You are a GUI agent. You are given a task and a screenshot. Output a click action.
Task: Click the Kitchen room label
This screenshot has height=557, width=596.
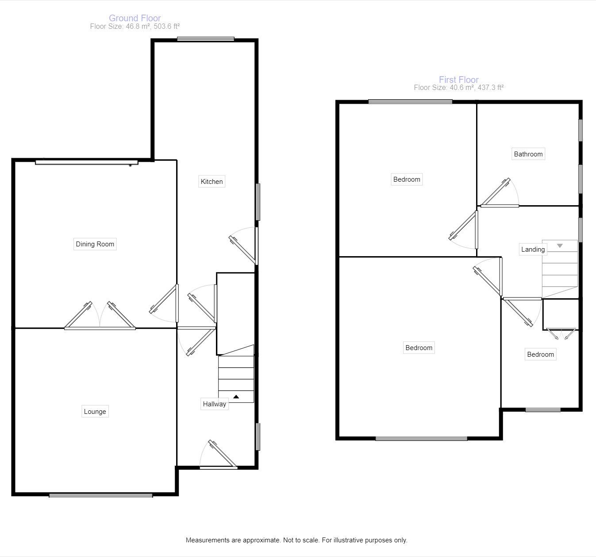point(211,181)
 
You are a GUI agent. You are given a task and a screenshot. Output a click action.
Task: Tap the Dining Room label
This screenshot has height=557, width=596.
point(95,244)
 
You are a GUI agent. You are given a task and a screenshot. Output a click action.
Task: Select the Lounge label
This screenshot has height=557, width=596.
point(95,412)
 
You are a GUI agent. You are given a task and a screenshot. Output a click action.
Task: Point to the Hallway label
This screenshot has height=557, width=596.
point(214,404)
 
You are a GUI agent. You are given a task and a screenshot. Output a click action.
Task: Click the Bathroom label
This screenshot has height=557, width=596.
point(528,154)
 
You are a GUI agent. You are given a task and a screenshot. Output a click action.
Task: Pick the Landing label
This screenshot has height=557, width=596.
point(533,249)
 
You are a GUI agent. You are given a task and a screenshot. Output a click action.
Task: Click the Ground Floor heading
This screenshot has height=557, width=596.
point(135,18)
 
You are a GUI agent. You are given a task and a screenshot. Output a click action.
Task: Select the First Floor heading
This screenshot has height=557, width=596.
point(458,80)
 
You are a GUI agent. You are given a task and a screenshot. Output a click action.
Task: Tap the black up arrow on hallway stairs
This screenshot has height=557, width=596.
point(236,397)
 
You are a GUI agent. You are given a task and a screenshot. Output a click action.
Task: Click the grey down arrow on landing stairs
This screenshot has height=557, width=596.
point(560,245)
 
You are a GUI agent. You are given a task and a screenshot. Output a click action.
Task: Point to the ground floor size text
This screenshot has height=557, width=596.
point(135,27)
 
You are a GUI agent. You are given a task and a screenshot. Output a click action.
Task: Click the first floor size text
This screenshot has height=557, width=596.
point(458,88)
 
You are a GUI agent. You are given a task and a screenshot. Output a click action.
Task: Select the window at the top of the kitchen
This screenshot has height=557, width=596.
point(206,39)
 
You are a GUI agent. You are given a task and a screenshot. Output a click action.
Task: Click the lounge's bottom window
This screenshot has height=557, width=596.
point(101,495)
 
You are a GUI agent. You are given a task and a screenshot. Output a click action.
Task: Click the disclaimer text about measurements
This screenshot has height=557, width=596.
point(296,540)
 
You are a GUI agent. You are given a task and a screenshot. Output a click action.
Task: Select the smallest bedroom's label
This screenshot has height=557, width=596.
point(540,354)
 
